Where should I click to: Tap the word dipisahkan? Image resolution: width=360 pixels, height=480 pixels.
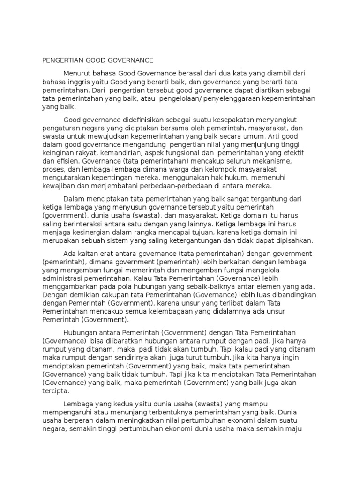[289, 241]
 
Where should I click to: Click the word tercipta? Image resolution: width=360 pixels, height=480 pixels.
[55, 391]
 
